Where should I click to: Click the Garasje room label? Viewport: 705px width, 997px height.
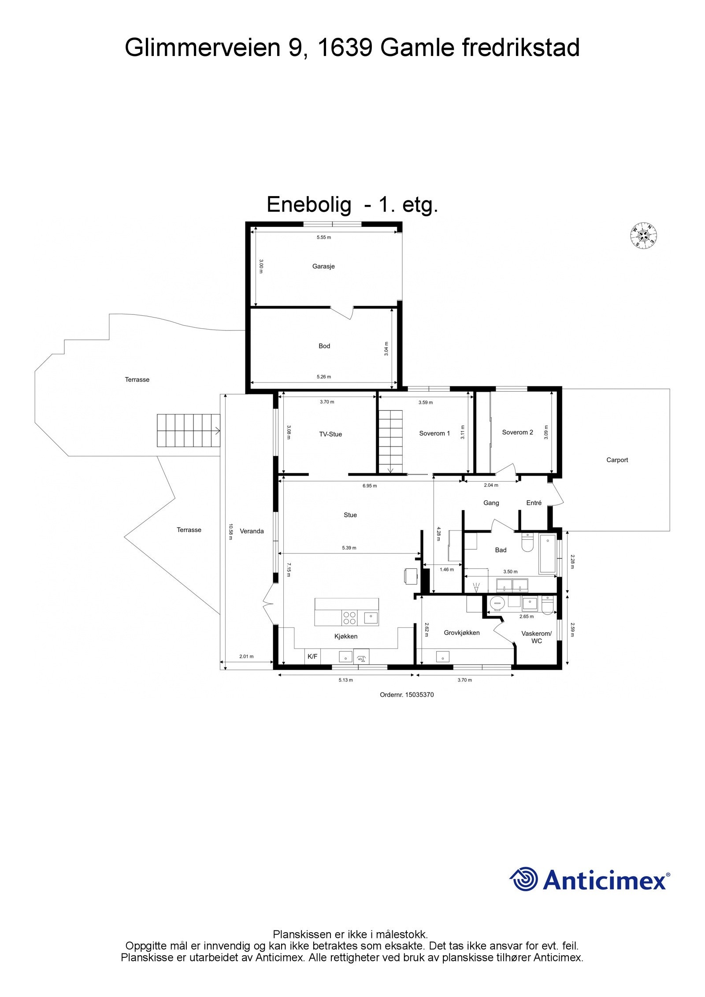[323, 266]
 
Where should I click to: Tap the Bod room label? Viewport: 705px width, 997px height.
[324, 346]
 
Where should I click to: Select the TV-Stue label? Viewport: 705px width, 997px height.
[330, 434]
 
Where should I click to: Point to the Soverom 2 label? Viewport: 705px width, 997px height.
[517, 432]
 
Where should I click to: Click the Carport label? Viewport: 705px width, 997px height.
[617, 460]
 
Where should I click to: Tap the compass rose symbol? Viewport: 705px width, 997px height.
[643, 235]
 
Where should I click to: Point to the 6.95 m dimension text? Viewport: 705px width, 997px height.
[369, 486]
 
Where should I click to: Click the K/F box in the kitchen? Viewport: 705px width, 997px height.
[312, 656]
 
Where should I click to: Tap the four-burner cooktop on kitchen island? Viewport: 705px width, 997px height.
[349, 618]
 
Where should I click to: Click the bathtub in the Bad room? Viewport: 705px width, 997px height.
[547, 554]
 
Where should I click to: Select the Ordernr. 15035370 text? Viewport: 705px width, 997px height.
[407, 694]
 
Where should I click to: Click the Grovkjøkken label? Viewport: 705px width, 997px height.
[461, 633]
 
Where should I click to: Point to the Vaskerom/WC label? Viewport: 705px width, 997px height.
[536, 637]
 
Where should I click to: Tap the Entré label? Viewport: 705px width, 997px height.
[534, 503]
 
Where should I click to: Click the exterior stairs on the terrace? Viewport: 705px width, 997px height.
[189, 430]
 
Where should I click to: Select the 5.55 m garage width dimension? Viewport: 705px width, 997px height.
[323, 237]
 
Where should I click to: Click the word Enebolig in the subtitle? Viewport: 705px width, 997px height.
[309, 204]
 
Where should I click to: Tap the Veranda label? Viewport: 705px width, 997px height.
[252, 531]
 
